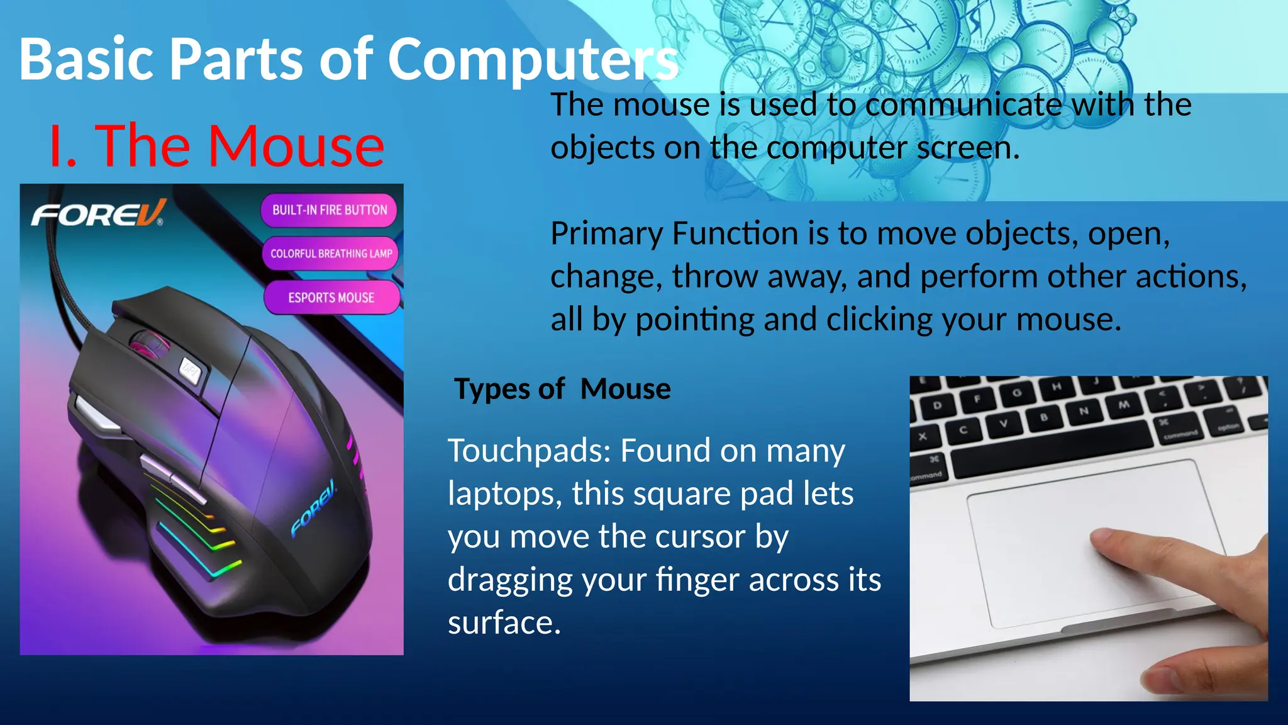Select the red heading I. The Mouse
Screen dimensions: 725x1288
point(216,146)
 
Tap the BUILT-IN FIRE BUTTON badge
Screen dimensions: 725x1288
point(330,210)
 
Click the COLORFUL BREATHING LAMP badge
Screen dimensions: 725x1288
point(331,254)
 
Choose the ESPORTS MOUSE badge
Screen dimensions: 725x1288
point(331,298)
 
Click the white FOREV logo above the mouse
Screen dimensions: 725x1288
point(97,214)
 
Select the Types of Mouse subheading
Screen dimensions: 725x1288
point(562,389)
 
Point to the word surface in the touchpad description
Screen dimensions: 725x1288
point(504,623)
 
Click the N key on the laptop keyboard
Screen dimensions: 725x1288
point(1084,412)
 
